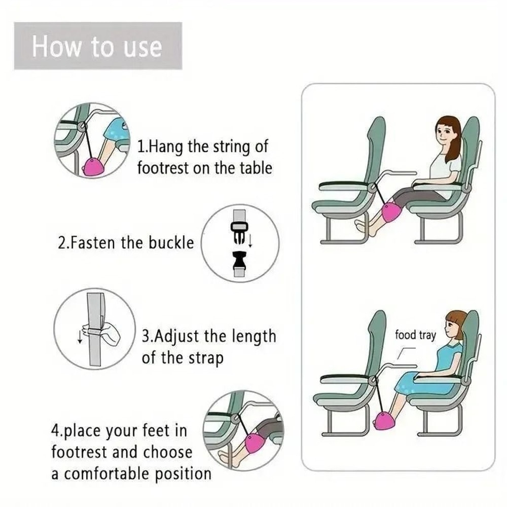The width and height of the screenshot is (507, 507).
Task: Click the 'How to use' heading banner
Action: (97, 46)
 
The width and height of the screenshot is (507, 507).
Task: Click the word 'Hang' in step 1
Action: (162, 147)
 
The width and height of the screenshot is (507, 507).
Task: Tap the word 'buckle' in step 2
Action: (171, 243)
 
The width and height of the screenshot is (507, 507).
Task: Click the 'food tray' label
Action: (415, 335)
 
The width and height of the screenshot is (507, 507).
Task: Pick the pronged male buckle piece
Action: (238, 234)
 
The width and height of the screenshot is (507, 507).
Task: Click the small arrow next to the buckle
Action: (250, 239)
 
